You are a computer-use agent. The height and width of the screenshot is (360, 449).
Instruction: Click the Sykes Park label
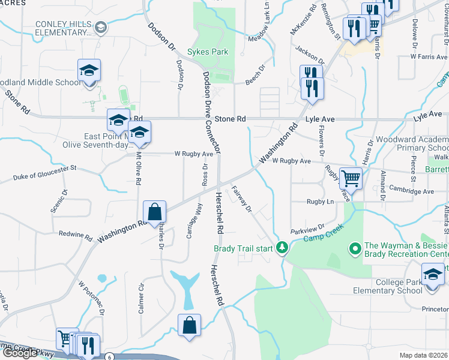tap(208, 52)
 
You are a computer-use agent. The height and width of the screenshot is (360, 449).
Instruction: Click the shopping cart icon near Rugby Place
tap(351, 178)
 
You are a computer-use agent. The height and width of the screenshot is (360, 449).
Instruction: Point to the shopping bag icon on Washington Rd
tap(154, 211)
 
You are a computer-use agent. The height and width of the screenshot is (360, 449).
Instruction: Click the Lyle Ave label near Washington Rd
tap(319, 119)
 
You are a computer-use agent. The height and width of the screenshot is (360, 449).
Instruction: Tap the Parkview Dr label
tap(307, 229)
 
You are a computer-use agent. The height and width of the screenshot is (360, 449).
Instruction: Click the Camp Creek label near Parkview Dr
tap(321, 238)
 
